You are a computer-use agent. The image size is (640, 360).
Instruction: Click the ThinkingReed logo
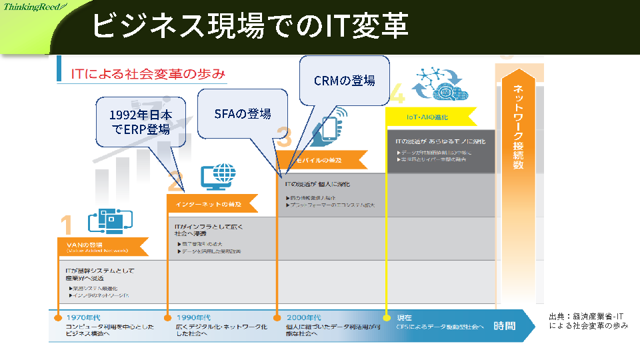[34, 7]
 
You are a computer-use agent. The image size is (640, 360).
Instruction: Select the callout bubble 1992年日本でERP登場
[141, 122]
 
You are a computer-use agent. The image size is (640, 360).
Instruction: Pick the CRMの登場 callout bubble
[344, 80]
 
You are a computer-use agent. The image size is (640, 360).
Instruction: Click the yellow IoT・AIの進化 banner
[430, 117]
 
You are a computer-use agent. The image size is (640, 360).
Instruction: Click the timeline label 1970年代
[83, 317]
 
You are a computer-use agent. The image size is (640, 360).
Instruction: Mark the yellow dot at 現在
[386, 317]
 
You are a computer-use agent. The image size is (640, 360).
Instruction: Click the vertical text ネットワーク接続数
[518, 127]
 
